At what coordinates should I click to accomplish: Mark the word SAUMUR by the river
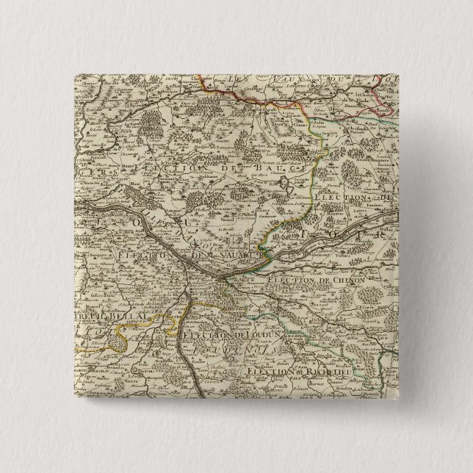pyautogui.click(x=243, y=255)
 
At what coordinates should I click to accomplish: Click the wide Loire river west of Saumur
pyautogui.click(x=147, y=224)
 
